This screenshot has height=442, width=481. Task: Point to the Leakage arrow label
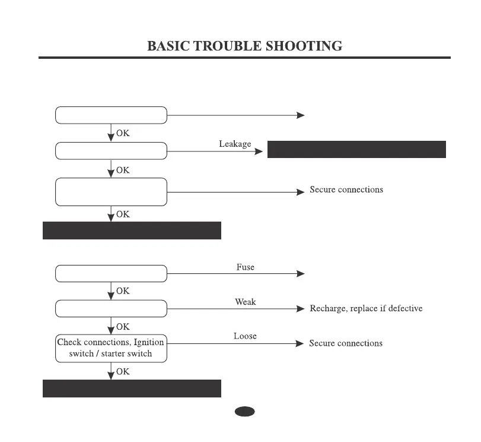click(235, 144)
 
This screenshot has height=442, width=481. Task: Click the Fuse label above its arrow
click(245, 267)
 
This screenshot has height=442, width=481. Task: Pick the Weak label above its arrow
click(245, 302)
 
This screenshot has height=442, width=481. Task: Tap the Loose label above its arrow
click(245, 336)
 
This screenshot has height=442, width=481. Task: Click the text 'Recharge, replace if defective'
click(366, 309)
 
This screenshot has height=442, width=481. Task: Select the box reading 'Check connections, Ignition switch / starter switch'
click(111, 348)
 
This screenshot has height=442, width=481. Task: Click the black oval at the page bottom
click(244, 411)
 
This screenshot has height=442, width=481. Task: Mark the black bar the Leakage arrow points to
click(356, 149)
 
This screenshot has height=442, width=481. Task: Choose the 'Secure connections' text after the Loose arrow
click(346, 343)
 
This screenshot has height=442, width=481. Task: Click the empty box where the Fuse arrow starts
click(111, 274)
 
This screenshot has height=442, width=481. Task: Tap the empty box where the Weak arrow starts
click(111, 309)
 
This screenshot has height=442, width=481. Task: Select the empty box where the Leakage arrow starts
click(111, 151)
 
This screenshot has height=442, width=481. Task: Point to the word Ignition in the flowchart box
click(149, 342)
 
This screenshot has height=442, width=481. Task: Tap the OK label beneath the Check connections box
click(123, 372)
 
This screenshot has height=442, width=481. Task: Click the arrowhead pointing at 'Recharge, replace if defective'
click(300, 309)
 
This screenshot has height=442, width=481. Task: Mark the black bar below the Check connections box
click(132, 388)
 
